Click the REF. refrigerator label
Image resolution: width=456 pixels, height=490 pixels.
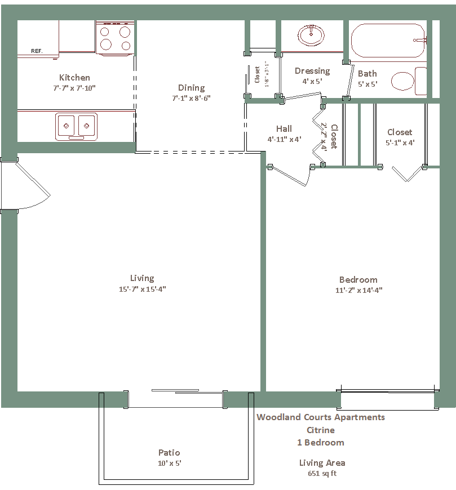37,51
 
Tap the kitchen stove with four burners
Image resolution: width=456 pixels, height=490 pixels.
115,38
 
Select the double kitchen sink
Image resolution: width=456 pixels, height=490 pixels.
76,127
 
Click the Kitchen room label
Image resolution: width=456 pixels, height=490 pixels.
74,78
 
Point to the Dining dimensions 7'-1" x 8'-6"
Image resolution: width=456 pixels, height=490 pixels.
191,98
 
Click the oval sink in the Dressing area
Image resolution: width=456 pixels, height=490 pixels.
311,35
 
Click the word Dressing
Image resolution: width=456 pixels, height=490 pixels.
312,72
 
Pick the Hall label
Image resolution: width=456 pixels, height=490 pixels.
284,129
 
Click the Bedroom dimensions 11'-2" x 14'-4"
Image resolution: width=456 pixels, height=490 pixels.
358,290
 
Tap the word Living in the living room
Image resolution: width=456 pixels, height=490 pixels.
142,278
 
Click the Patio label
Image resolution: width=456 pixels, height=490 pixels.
169,452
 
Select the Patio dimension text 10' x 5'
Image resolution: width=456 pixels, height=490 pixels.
169,463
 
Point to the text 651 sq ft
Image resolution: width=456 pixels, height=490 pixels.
322,474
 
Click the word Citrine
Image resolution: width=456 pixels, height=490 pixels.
321,430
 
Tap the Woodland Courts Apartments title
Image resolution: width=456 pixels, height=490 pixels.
321,417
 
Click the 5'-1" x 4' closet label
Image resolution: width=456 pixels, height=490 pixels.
400,143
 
